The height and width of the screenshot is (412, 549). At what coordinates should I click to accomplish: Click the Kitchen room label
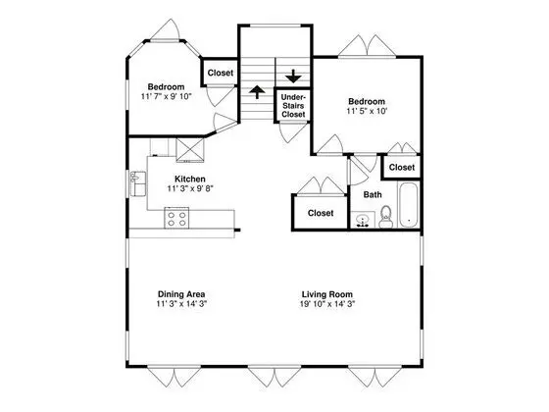click(190, 179)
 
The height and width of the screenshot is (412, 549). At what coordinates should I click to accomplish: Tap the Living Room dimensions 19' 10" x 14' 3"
click(327, 304)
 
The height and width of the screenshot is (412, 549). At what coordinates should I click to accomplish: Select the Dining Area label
click(181, 294)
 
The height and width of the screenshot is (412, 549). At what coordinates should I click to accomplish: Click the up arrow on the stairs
click(257, 92)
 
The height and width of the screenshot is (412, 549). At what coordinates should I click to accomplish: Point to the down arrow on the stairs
click(293, 77)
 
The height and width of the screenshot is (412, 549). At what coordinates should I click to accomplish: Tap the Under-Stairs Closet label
click(293, 106)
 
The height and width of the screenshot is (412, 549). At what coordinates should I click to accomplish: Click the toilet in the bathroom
click(385, 217)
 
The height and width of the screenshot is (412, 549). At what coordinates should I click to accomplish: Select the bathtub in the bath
click(408, 205)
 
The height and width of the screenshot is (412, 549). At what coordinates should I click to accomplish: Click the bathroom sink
click(363, 221)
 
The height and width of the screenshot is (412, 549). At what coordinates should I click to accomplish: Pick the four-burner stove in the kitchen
click(176, 218)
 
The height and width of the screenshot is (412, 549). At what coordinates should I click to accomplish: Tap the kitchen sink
click(138, 183)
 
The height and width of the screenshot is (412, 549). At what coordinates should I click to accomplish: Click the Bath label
click(373, 195)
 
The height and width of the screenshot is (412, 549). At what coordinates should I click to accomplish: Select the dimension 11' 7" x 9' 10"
click(167, 96)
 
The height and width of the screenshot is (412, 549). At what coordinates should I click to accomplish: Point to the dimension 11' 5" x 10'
click(367, 111)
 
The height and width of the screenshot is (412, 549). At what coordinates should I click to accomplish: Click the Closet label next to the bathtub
click(402, 168)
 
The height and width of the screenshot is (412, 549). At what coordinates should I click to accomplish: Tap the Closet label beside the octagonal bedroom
click(221, 73)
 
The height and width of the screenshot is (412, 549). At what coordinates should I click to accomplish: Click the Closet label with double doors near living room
click(321, 213)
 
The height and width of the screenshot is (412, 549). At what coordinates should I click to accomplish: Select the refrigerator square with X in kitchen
click(190, 150)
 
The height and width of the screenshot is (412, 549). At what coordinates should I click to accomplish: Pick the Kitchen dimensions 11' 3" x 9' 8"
click(190, 188)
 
